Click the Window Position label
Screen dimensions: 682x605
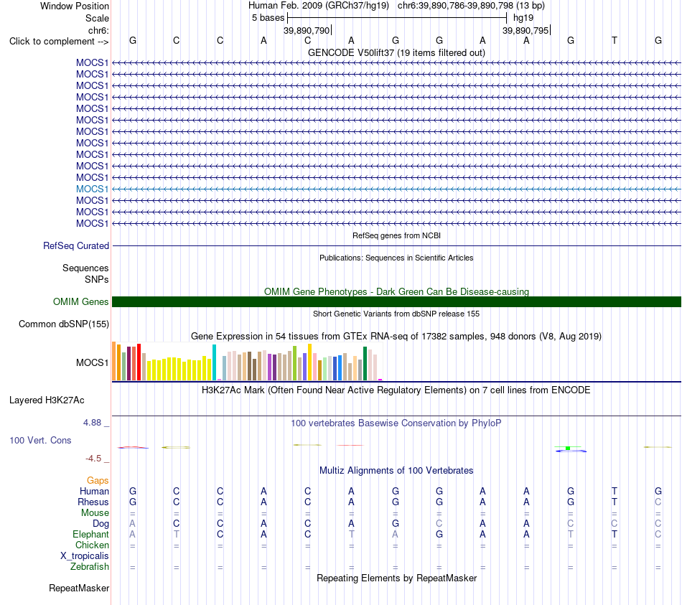(75, 6)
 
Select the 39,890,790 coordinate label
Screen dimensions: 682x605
(307, 30)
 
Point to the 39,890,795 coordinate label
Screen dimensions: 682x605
(525, 30)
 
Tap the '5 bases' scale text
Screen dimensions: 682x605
(268, 18)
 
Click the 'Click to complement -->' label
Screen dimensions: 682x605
(59, 42)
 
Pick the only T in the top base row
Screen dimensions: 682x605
(614, 40)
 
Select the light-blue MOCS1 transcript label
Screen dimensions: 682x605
(92, 189)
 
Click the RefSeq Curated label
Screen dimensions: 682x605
(76, 245)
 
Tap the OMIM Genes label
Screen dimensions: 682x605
(81, 302)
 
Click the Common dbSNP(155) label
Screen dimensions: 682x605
(64, 324)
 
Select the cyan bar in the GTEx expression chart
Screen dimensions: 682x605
(214, 362)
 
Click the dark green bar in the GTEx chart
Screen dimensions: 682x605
(365, 364)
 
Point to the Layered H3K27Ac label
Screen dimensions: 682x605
(47, 400)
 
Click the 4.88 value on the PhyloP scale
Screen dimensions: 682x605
(92, 423)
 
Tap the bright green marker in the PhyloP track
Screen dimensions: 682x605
(568, 448)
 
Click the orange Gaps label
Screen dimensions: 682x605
(98, 481)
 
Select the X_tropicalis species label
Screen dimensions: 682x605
(85, 556)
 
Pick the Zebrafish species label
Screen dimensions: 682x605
(90, 567)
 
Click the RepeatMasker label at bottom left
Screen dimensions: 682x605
(79, 588)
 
